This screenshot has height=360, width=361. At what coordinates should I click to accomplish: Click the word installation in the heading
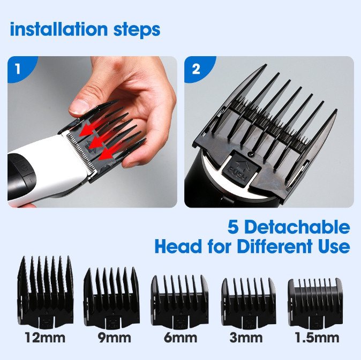(59, 29)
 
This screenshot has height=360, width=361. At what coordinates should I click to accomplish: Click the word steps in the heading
(137, 30)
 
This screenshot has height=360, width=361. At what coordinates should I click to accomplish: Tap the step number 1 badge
(19, 68)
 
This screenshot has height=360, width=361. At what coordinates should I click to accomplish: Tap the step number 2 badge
(197, 68)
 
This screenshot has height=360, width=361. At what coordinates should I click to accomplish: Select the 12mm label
(45, 338)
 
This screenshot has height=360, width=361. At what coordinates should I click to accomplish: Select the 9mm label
(115, 338)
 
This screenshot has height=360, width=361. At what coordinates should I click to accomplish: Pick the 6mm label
(180, 338)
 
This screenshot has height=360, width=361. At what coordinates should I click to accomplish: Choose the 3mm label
(246, 338)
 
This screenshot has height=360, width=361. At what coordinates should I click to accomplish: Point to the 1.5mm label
(317, 338)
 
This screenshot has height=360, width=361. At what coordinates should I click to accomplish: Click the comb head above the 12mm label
(46, 293)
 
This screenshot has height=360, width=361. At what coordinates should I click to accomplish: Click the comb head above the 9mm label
(111, 298)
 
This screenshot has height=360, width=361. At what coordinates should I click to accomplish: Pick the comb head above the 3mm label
(249, 303)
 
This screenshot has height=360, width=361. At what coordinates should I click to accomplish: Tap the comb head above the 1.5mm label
(315, 304)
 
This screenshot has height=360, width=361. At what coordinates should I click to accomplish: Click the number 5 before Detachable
(233, 227)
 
